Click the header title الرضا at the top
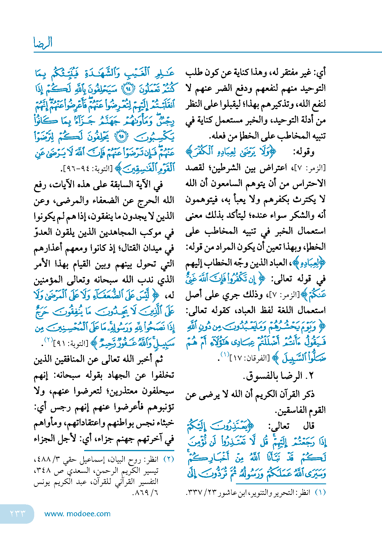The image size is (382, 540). (x=43, y=43)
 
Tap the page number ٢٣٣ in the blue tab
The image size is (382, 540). (x=18, y=513)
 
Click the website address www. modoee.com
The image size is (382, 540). (x=77, y=514)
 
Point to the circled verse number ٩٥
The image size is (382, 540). (x=121, y=137)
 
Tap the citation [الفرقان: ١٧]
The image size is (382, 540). (x=248, y=357)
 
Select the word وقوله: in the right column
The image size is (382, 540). (x=304, y=152)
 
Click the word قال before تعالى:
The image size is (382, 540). (x=309, y=426)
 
